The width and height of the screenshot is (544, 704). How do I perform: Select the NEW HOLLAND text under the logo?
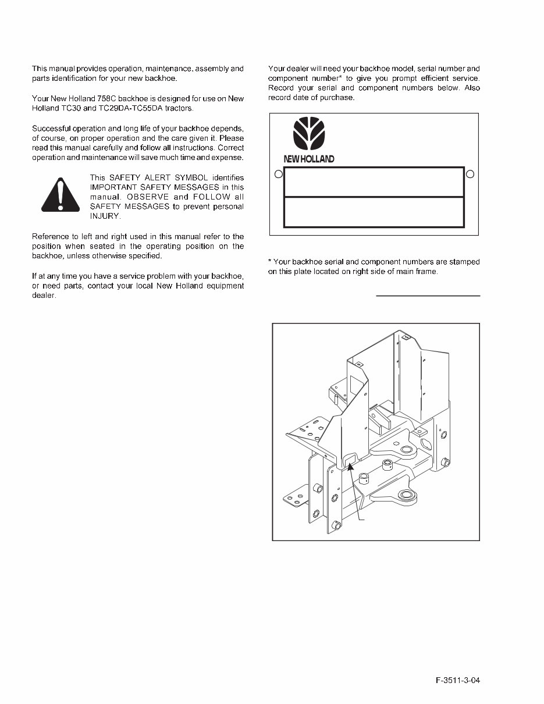pyautogui.click(x=308, y=159)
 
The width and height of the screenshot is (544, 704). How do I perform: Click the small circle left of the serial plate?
pyautogui.click(x=278, y=174)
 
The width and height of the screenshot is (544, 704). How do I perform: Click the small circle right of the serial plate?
pyautogui.click(x=470, y=174)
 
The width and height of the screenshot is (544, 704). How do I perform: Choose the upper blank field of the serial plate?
pyautogui.click(x=374, y=182)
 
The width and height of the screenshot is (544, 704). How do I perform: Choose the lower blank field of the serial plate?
pyautogui.click(x=374, y=212)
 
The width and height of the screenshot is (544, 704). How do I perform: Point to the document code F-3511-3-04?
pyautogui.click(x=458, y=681)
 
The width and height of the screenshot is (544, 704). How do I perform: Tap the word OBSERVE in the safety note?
pyautogui.click(x=146, y=197)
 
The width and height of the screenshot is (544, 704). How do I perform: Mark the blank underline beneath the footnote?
pyautogui.click(x=428, y=296)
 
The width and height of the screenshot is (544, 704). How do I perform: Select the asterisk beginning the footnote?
pyautogui.click(x=270, y=261)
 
